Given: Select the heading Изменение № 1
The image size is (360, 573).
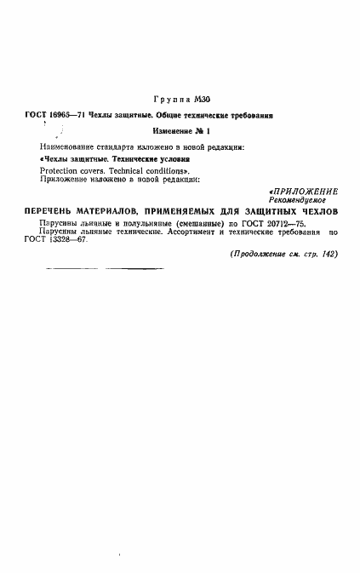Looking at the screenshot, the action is click(x=180, y=130).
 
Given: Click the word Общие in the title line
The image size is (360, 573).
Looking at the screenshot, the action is click(x=161, y=115).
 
